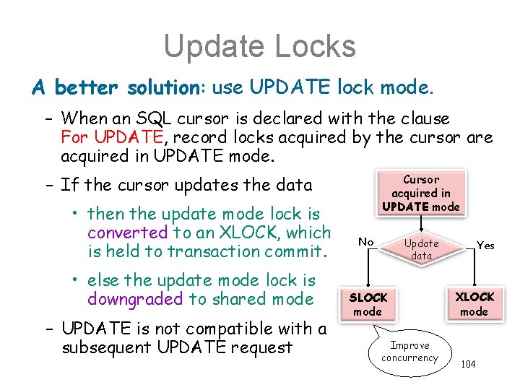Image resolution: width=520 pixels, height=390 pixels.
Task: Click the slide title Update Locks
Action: tap(259, 46)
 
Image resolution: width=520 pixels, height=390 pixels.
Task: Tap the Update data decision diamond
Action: tap(421, 249)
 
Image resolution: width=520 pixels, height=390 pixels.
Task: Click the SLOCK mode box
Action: tap(368, 304)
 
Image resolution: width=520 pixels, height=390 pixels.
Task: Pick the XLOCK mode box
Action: tap(474, 304)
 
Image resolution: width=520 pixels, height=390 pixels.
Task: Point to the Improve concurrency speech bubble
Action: tap(409, 352)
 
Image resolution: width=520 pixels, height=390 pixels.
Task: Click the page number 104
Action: tap(468, 364)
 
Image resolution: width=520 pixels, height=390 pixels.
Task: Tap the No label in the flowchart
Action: tap(367, 242)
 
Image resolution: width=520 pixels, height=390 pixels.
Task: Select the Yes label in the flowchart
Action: tap(486, 246)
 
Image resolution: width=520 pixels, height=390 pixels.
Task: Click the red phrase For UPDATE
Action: tap(105, 136)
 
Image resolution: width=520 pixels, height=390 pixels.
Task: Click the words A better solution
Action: tap(116, 88)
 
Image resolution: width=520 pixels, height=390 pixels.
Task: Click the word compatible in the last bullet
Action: tap(225, 329)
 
